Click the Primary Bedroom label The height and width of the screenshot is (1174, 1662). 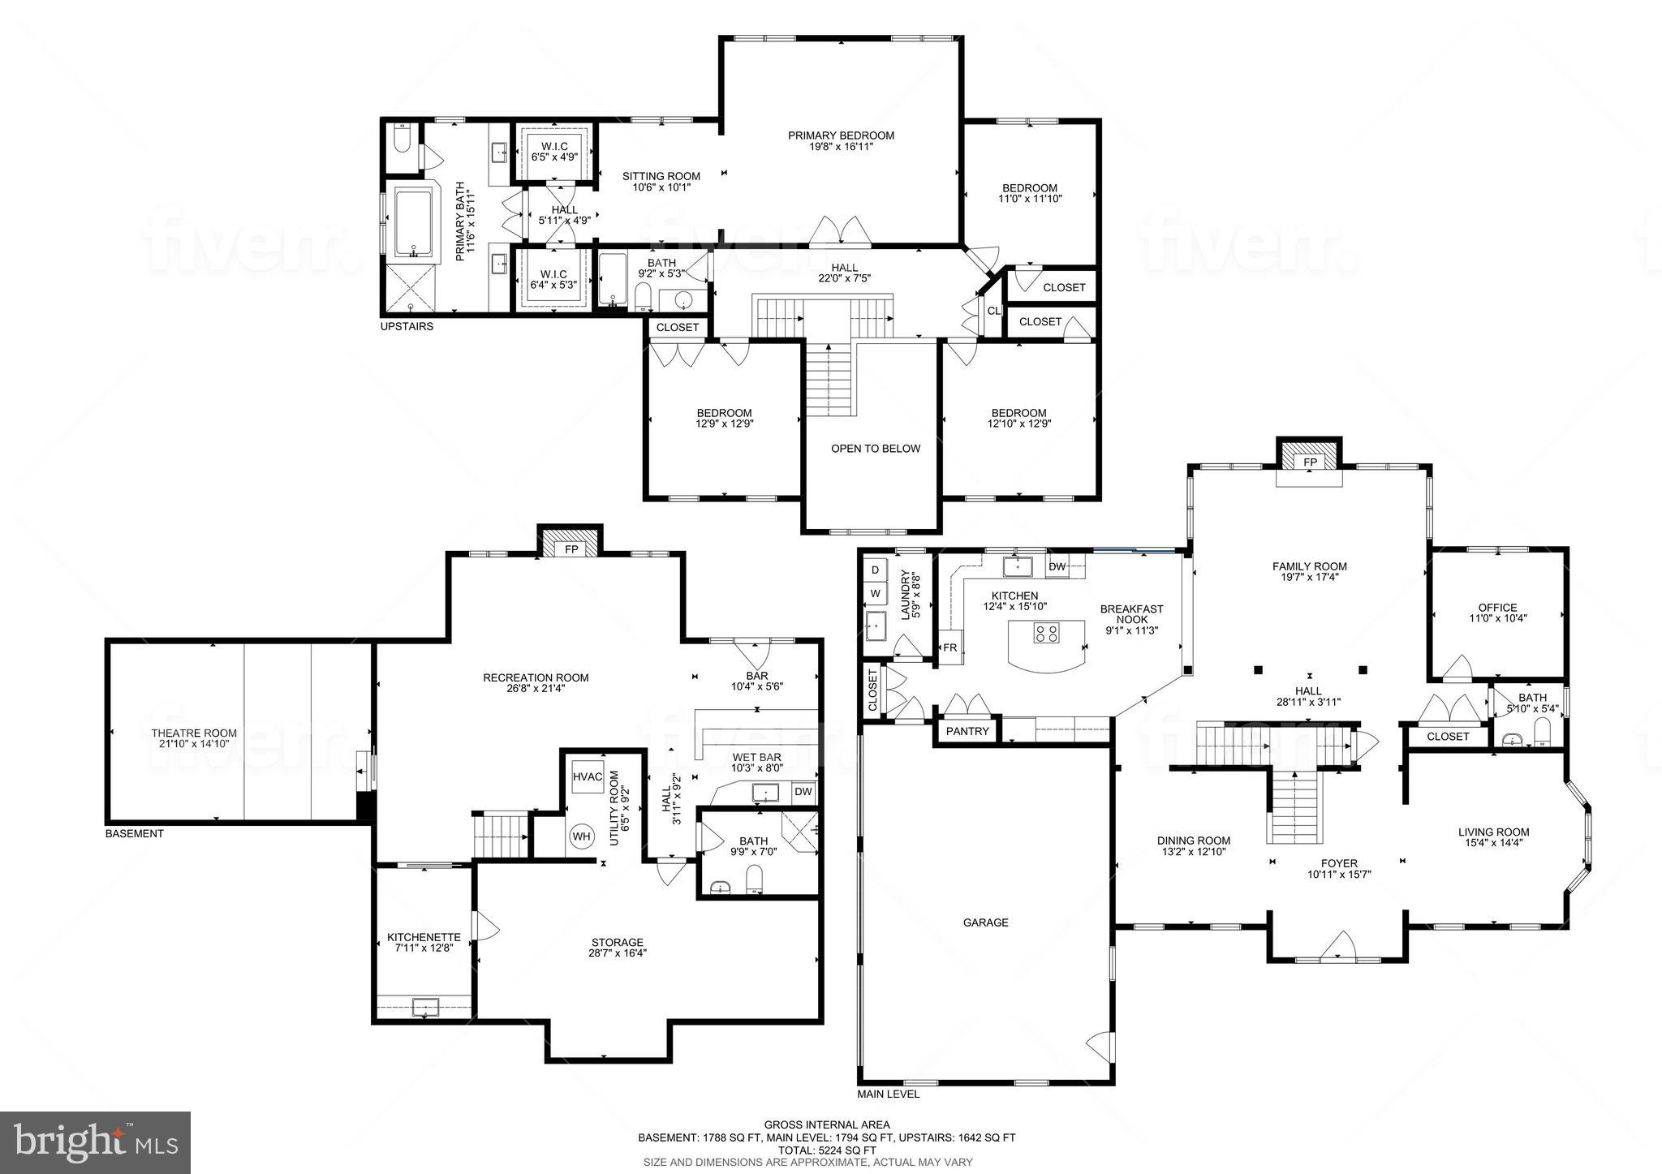[x=841, y=135]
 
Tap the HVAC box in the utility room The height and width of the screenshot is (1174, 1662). [x=588, y=777]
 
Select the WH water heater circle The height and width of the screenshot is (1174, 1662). [x=582, y=836]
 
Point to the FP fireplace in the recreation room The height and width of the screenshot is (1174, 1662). [x=571, y=549]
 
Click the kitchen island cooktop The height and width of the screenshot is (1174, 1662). [x=1046, y=633]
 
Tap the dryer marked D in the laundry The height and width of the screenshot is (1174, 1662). [x=875, y=570]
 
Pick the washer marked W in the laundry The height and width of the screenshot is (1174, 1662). [x=875, y=594]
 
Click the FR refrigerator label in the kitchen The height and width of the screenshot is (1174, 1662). [x=949, y=647]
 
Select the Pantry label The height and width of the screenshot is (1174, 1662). [x=967, y=731]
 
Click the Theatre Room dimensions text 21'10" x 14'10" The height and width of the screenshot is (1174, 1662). [x=194, y=743]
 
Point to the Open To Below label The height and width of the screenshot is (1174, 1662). [x=875, y=449]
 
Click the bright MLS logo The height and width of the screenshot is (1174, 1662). [x=96, y=1142]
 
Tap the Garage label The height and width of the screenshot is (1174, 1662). [x=985, y=922]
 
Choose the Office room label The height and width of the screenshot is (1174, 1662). [x=1497, y=608]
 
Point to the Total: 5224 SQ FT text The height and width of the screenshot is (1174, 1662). [x=827, y=1150]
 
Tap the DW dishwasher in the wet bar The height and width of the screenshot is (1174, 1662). [x=803, y=792]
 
